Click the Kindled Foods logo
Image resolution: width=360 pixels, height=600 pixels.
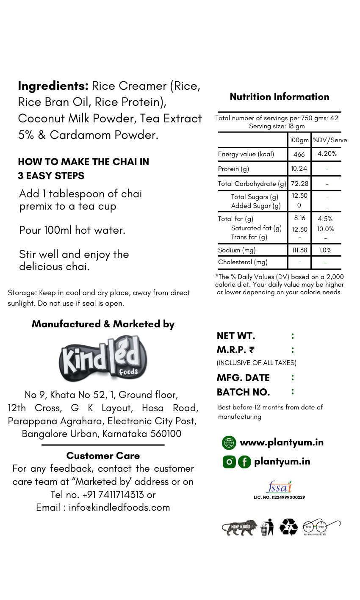pos(103,359)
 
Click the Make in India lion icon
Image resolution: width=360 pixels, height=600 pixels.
pos(239,528)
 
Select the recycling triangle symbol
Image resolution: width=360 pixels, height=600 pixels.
pos(288,527)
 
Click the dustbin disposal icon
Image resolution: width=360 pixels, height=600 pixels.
pos(266,528)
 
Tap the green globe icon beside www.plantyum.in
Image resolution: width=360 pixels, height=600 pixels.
pos(229,443)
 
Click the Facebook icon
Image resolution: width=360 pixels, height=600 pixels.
pos(244,462)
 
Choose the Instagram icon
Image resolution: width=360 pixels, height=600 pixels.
pos(229,462)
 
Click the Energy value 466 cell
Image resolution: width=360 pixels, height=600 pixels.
pos(299,154)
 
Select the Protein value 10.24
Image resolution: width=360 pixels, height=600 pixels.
pos(299,169)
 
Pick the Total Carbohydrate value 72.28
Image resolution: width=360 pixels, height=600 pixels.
pos(299,183)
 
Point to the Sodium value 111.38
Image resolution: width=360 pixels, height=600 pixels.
pos(299,250)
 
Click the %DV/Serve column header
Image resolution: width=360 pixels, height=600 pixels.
pos(330,140)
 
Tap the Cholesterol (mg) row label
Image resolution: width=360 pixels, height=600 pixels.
pos(243,262)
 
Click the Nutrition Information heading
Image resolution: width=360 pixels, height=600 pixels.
pos(280,97)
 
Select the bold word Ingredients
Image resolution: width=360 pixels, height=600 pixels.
pos(53,86)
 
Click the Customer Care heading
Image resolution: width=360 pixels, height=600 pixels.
pos(103,456)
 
